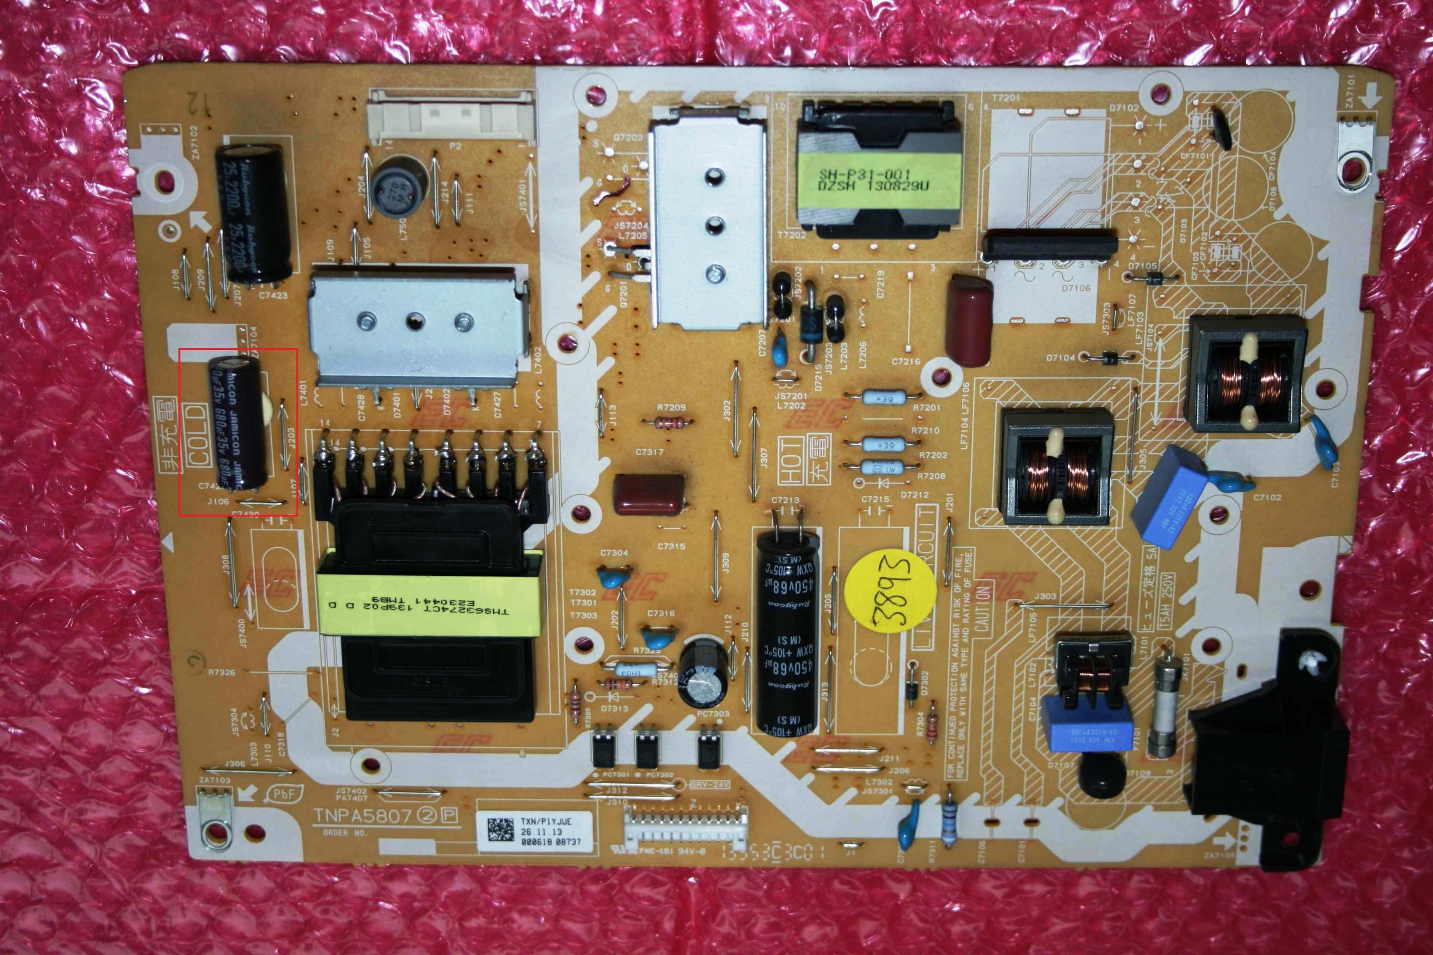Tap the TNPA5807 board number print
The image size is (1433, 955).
tap(363, 815)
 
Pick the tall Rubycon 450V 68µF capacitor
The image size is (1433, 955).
tap(787, 627)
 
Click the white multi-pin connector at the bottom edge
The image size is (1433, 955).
tap(686, 827)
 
